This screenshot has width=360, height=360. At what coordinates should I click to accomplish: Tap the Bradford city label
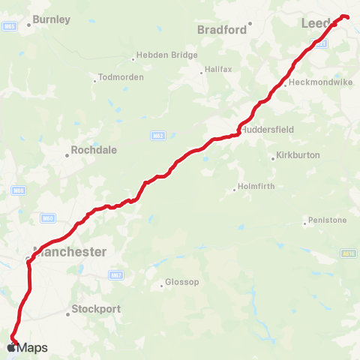click(222, 30)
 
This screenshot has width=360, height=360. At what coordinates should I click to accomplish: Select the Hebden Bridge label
click(166, 55)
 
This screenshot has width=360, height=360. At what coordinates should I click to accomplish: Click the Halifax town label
click(218, 71)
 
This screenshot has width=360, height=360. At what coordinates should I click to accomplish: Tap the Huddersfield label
click(267, 129)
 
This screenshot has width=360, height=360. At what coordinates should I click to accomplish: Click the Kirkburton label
click(298, 155)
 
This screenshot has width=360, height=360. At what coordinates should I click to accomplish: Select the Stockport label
click(96, 309)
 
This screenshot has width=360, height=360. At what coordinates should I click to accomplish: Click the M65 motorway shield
click(10, 26)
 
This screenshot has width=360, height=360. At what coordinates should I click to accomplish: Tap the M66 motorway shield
click(17, 191)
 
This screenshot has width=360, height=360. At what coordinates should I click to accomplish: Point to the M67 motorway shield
click(115, 275)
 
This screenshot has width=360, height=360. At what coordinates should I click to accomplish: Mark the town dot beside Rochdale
click(67, 155)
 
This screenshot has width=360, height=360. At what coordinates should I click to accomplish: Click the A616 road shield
click(347, 253)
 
